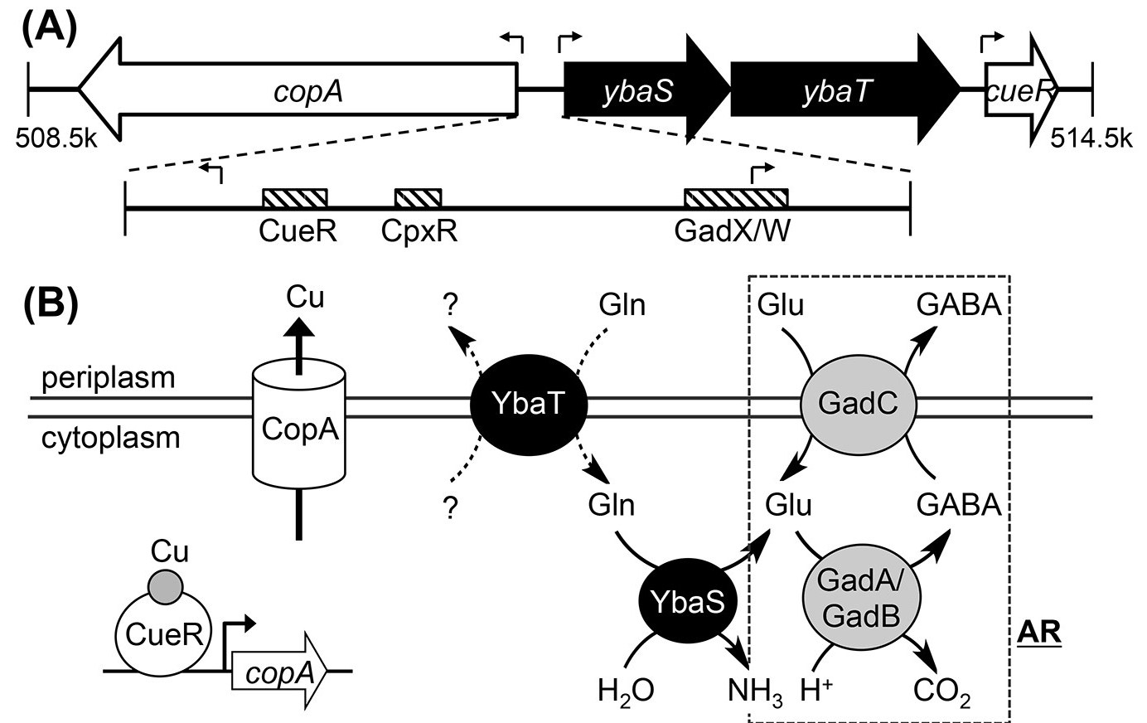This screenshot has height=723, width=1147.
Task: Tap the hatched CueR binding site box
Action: [x=295, y=197]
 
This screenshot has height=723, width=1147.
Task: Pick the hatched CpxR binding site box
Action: [x=418, y=197]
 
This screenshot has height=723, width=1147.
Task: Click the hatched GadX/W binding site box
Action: [x=735, y=197]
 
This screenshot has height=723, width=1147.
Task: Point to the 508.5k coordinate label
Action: [x=56, y=137]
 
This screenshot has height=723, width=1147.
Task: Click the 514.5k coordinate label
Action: [x=1090, y=137]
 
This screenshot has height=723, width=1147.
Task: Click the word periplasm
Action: [x=109, y=378]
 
